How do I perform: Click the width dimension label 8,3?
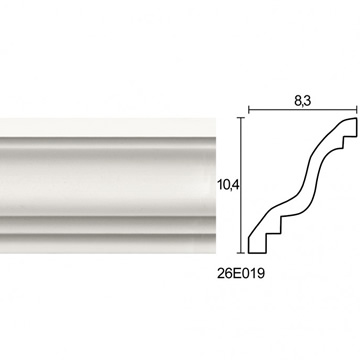303,101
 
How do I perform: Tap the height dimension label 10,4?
228,185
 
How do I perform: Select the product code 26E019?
241,274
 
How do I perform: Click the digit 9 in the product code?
261,274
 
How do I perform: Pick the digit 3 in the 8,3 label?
307,101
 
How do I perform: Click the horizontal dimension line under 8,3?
303,109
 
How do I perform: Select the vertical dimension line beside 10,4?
241,185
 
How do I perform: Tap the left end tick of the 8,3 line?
249,109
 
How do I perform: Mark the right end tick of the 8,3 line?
357,109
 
